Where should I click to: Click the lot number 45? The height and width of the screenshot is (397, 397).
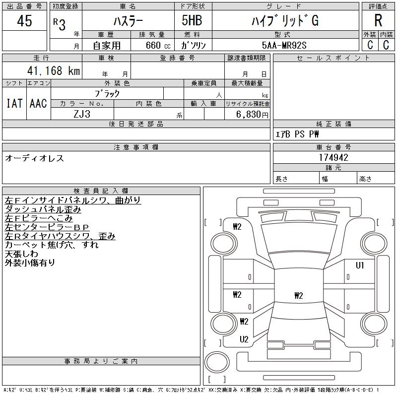[24, 21]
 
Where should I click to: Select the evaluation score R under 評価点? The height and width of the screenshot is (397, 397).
[378, 21]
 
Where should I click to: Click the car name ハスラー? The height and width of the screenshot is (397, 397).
[127, 21]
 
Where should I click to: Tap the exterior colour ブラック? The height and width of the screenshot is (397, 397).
[107, 93]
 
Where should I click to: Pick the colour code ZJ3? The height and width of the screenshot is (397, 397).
[82, 114]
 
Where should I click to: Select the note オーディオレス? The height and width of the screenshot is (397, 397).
[34, 158]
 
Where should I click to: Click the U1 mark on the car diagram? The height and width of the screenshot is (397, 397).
[360, 265]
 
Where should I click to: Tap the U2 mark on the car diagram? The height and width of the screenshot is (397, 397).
[244, 339]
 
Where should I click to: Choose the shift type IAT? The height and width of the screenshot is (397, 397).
[14, 103]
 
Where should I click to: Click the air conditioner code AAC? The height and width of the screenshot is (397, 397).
[38, 103]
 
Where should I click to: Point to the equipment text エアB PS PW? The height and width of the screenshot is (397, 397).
[297, 134]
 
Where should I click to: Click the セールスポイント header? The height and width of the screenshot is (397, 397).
[333, 58]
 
